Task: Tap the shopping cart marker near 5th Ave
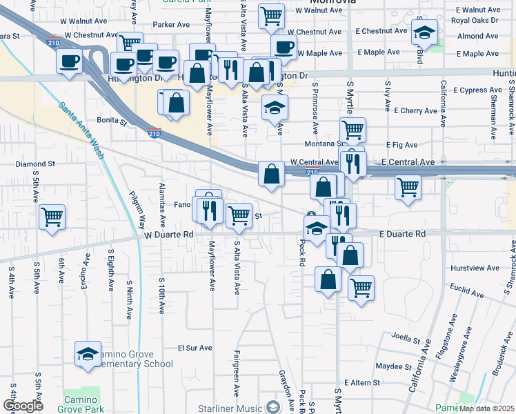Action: [x=52, y=217]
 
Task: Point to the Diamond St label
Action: [x=35, y=164]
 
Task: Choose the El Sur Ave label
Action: [x=195, y=348]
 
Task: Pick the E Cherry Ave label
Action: [x=416, y=110]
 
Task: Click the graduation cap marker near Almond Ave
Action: [x=425, y=32]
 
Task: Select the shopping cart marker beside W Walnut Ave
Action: [x=272, y=14]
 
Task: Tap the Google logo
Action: [x=23, y=406]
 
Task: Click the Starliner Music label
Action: [x=229, y=408]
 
